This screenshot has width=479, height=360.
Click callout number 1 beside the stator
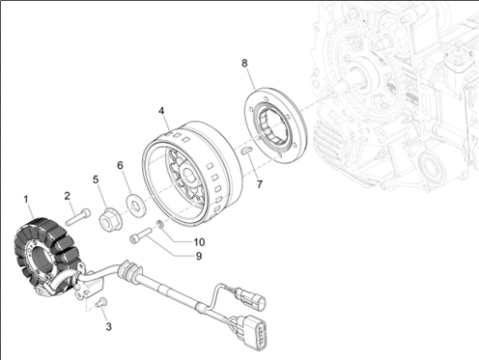(26, 199)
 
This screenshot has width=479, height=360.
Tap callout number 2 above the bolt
(67, 196)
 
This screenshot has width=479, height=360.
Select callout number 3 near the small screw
(109, 326)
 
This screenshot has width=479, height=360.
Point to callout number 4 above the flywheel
(161, 111)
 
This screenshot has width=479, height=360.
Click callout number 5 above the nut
(96, 180)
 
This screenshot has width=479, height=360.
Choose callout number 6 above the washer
(120, 165)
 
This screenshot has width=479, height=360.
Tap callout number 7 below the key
(260, 184)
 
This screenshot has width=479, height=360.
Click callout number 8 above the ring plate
(244, 63)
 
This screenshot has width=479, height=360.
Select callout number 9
(199, 256)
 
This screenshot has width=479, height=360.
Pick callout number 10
(199, 242)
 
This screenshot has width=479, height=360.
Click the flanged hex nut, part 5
(109, 221)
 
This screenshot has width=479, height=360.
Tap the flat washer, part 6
(136, 204)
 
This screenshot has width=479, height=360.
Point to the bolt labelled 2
(78, 216)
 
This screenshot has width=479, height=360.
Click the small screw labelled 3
(101, 302)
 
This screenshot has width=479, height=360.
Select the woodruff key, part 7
(247, 151)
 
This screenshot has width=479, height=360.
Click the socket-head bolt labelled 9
(140, 235)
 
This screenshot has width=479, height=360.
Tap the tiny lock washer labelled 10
(159, 224)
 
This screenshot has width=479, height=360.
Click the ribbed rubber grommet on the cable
(129, 271)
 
